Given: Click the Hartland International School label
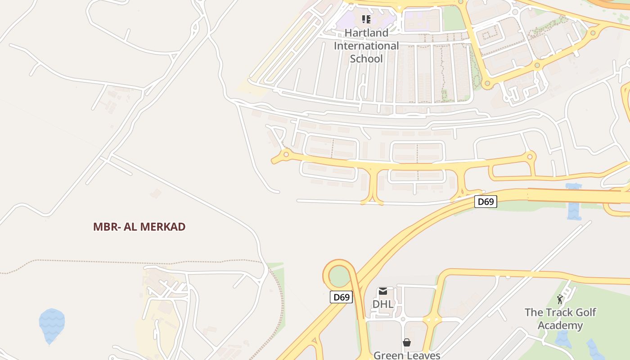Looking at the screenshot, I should (366, 46).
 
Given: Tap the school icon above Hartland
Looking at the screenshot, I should (366, 19).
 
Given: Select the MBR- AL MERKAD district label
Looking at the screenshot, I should (139, 227).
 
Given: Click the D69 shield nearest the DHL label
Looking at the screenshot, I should (341, 297).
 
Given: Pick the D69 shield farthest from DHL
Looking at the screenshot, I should (486, 202).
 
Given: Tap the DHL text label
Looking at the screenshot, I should (382, 304).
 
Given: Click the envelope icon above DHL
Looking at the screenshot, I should (383, 291).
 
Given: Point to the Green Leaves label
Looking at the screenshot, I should (407, 355).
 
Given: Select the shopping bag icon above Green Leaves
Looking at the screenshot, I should (407, 342).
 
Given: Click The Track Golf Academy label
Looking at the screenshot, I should (560, 319).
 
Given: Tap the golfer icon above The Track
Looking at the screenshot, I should (560, 300).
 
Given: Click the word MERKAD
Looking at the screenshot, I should (162, 227).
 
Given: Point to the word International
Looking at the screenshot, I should (366, 46).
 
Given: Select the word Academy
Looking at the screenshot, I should (560, 325).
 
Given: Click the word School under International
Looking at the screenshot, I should (366, 59).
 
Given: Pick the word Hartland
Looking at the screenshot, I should (366, 33).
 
